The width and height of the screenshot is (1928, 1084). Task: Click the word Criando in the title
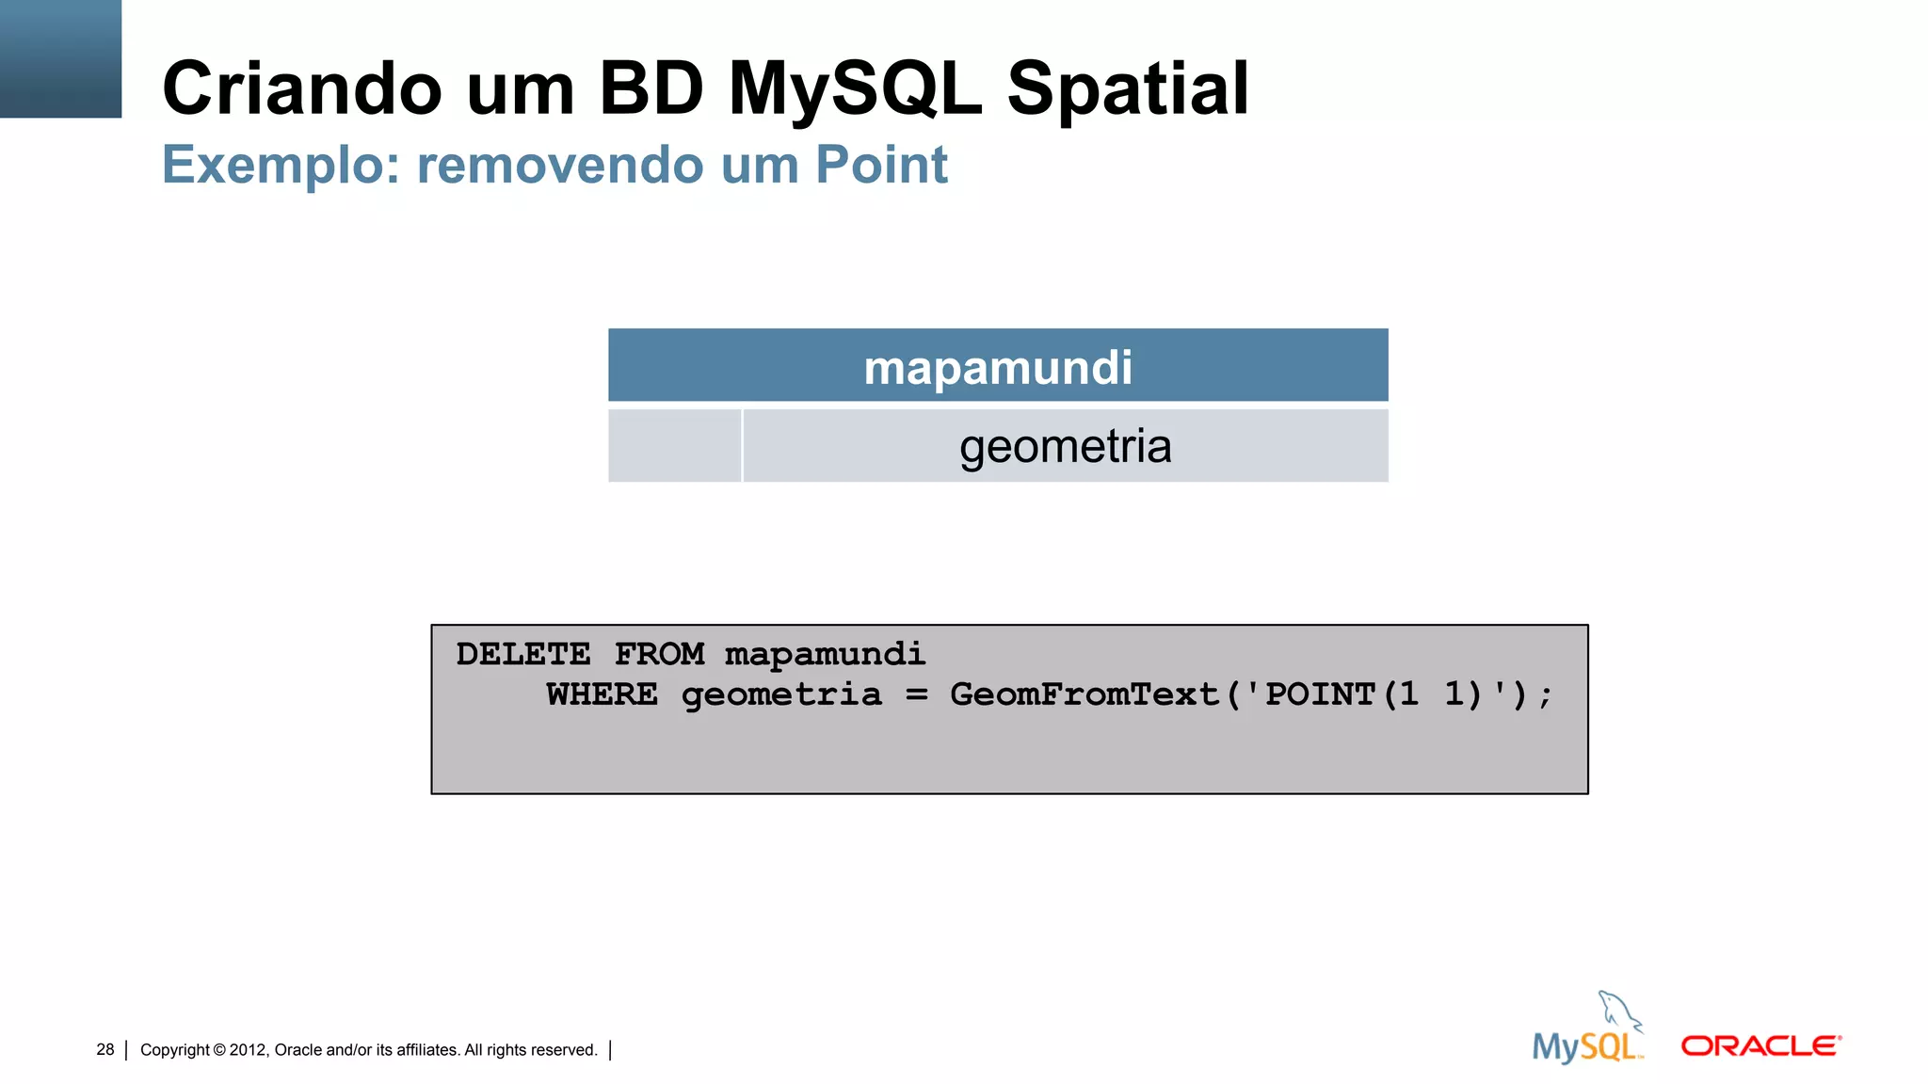coord(301,88)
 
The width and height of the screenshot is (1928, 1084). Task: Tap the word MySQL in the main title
coord(855,88)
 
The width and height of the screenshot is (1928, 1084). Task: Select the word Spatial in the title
coord(1128,88)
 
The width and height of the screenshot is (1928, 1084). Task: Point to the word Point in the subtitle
coord(881,166)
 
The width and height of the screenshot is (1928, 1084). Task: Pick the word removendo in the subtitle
coord(559,166)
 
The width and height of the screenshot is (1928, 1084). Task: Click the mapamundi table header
coord(998,366)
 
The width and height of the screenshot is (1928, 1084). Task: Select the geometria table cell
coord(1065,446)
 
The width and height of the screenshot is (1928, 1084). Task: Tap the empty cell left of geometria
coord(674,446)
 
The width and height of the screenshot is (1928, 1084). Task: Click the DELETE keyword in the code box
coord(522,654)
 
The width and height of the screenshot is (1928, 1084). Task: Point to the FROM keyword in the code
coord(659,654)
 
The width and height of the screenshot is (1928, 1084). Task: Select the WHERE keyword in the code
coord(602,695)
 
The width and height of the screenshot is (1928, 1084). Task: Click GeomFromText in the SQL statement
coord(1084,695)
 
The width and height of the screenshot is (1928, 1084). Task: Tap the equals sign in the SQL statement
coord(916,695)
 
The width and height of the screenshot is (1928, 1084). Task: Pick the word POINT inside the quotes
coord(1320,695)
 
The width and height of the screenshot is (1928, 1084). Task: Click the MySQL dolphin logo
coord(1589,1029)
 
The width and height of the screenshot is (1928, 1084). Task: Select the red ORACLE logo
coord(1760,1046)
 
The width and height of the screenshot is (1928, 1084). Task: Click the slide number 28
coord(104,1050)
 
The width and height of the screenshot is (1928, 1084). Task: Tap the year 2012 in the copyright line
coord(249,1050)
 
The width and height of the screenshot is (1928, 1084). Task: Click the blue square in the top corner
coord(60,58)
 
